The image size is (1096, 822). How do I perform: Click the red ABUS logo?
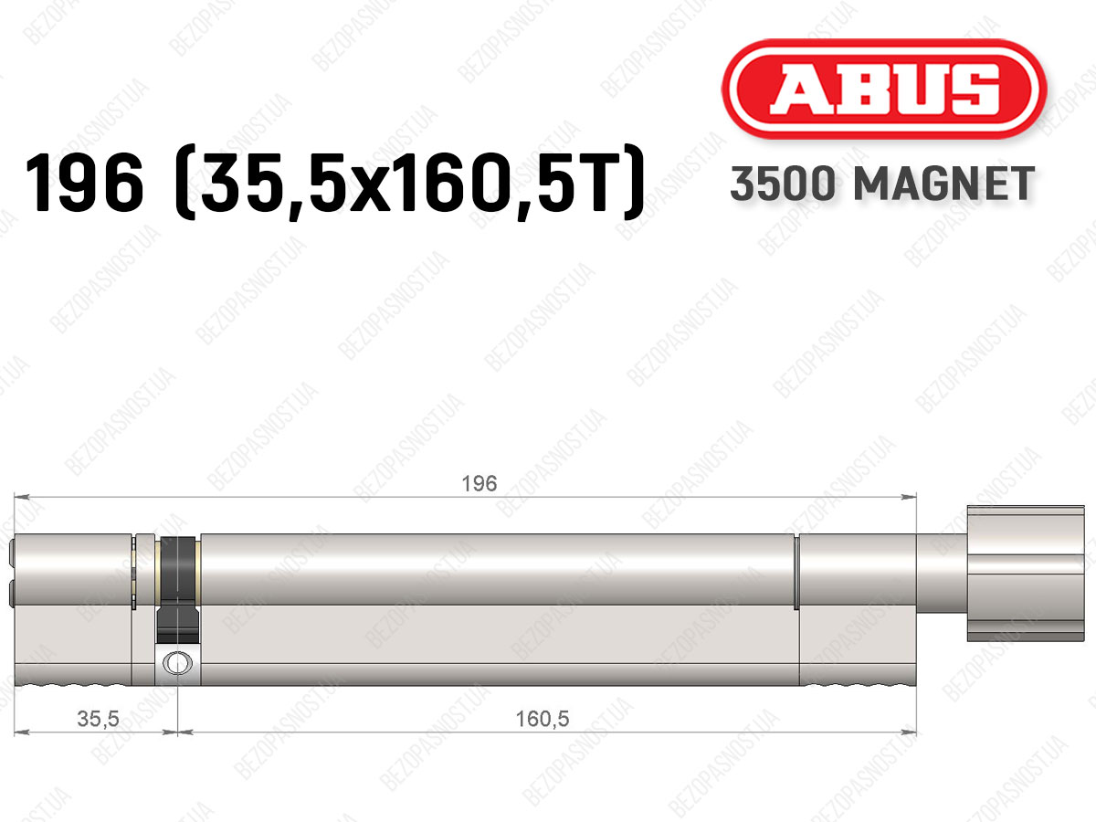[884, 89]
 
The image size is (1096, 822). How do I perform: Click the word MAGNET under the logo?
[943, 184]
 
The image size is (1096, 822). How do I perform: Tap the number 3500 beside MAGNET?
[783, 184]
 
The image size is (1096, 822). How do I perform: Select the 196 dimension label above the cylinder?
[479, 484]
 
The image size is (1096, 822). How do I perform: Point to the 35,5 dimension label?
[99, 719]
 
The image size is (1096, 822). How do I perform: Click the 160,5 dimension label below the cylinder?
[543, 719]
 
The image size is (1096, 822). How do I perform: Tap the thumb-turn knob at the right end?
[1026, 574]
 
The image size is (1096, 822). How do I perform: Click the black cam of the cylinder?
[177, 590]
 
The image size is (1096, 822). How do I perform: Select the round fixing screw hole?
[177, 663]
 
